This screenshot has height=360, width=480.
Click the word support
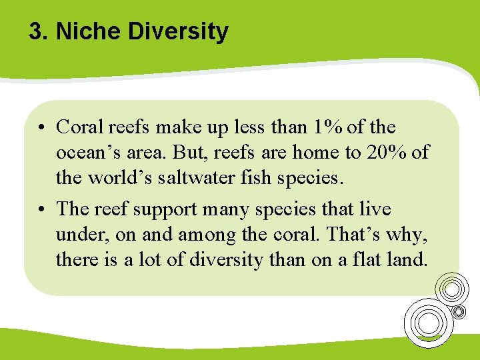coord(163,209)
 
